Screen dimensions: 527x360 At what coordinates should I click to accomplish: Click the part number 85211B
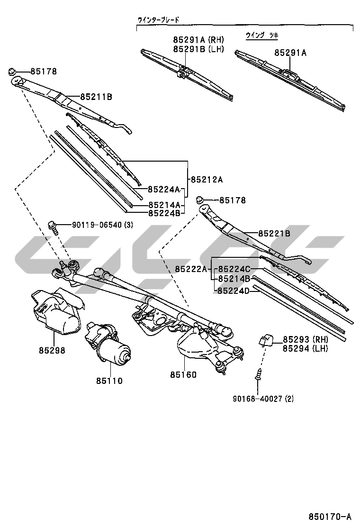click(x=96, y=97)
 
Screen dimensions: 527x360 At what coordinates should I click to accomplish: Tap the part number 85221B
click(x=274, y=233)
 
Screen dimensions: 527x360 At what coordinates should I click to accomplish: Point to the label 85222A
click(x=191, y=269)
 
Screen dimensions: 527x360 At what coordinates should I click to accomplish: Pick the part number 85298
click(x=52, y=351)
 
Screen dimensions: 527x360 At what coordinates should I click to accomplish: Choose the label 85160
click(x=183, y=374)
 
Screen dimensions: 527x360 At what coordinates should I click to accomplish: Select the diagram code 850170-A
click(x=330, y=516)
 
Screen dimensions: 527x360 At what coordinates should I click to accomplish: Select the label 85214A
click(x=164, y=205)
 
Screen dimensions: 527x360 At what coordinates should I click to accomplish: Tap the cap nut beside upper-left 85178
click(x=12, y=72)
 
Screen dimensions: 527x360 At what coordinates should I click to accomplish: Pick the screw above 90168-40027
click(x=259, y=374)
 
